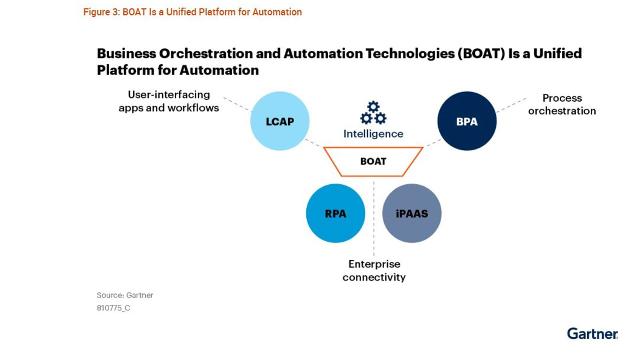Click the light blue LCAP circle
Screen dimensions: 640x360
(x=280, y=121)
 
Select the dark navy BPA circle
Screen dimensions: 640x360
(x=467, y=121)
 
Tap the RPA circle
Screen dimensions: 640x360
(x=335, y=213)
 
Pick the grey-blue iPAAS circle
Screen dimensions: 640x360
(x=412, y=213)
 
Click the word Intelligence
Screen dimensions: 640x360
(x=373, y=134)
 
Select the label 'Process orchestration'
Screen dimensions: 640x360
(x=562, y=104)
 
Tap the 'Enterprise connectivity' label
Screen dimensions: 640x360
(x=374, y=270)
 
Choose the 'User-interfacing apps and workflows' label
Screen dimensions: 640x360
(x=169, y=101)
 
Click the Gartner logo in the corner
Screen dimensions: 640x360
(x=593, y=334)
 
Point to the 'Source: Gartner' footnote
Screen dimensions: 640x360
(x=125, y=295)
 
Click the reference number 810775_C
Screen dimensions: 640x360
(x=113, y=308)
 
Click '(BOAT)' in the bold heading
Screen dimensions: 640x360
(x=481, y=54)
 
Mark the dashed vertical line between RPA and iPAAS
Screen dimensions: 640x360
(x=374, y=218)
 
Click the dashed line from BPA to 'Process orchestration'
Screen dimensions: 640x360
(x=511, y=105)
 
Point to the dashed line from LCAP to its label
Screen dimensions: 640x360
(x=237, y=104)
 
